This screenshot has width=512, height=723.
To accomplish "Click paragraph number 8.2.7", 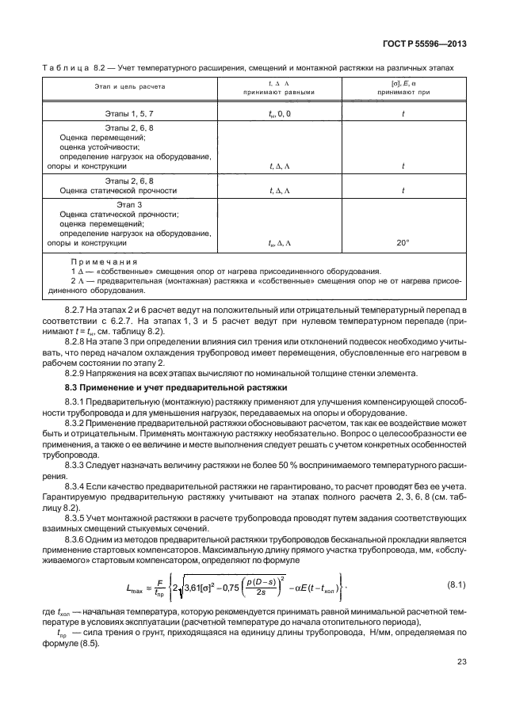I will tap(77, 304).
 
